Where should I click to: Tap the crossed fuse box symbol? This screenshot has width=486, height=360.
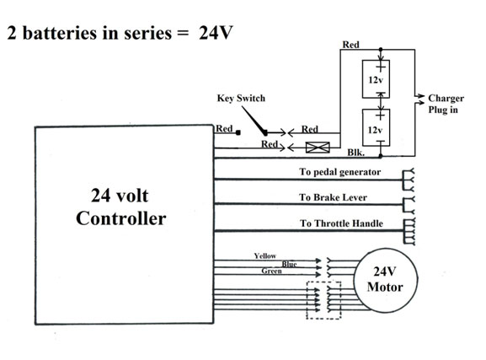click(318, 147)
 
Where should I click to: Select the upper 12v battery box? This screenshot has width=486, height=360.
click(363, 79)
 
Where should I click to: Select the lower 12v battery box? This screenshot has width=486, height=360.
click(363, 127)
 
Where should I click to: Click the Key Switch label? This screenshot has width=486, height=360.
click(241, 98)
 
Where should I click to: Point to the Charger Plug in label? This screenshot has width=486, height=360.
click(446, 104)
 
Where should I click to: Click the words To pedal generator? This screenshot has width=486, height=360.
click(340, 172)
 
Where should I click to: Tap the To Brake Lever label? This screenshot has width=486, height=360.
click(333, 197)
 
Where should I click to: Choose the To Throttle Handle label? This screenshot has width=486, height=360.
click(341, 223)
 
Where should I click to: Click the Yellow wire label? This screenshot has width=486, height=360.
click(265, 255)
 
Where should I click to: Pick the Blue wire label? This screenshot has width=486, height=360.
click(289, 264)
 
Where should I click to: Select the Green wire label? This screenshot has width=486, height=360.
click(271, 271)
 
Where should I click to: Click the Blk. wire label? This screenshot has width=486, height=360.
click(355, 153)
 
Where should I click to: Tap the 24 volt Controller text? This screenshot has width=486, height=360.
click(120, 207)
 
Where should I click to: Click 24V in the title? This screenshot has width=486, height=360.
click(216, 33)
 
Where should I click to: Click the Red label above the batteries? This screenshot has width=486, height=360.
click(350, 45)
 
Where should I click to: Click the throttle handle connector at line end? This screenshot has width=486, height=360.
click(409, 232)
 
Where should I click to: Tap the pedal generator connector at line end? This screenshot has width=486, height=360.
click(409, 180)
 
